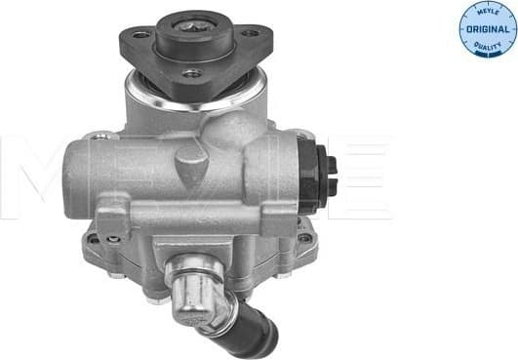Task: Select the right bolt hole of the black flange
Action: tap(249, 35)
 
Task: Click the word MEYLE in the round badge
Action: tap(488, 13)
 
